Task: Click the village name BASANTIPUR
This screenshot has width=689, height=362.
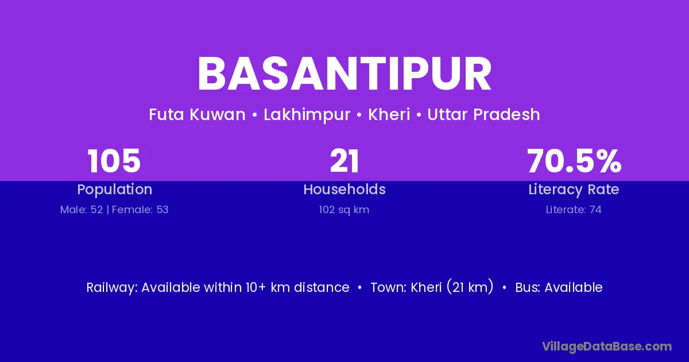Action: pos(344,74)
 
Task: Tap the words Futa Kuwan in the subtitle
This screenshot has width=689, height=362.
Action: pos(197,114)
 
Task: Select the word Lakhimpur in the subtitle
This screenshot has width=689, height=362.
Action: pos(307,115)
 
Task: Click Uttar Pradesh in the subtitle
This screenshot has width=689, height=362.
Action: pos(483,114)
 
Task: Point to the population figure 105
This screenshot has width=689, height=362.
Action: pos(114,161)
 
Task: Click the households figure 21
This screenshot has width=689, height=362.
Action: pos(344,161)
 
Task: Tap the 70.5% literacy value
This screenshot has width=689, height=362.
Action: pos(574,161)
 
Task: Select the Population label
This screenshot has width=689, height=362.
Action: pos(115,189)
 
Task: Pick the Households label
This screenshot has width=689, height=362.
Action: pos(344,189)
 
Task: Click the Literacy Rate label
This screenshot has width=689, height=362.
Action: pos(574,190)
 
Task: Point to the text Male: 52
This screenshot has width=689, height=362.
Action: pos(82,210)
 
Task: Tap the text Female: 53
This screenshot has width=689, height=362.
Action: pos(140,210)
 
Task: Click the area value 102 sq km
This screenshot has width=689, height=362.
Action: pos(344,210)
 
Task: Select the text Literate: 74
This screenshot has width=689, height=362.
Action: pos(574,210)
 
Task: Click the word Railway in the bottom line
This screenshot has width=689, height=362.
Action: pos(112,288)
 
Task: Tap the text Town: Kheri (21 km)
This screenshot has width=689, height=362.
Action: pos(432,287)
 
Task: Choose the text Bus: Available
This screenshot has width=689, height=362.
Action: pos(559,287)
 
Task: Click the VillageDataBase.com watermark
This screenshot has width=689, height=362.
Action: pos(607,346)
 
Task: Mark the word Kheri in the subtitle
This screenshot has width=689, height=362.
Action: pos(389,114)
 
